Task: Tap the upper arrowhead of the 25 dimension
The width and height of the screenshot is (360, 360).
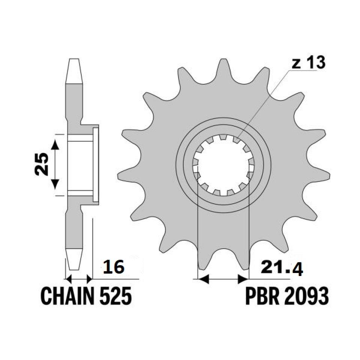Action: (x=55, y=144)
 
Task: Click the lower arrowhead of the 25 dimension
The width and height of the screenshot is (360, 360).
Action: (x=55, y=184)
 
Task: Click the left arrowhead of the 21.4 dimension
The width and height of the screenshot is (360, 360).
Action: (x=203, y=279)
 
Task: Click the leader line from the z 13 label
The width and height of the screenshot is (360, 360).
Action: (x=262, y=105)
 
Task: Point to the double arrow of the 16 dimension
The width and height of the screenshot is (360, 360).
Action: (x=78, y=279)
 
